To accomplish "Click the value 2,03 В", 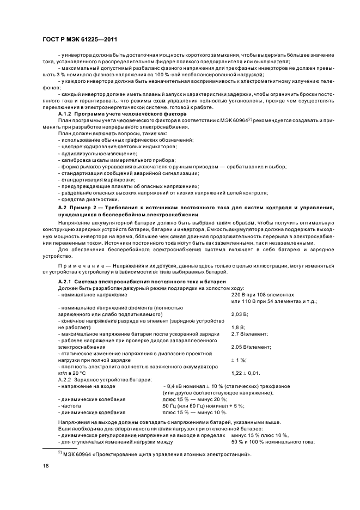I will coord(240,314).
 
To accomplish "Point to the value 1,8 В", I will coord(237,327).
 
